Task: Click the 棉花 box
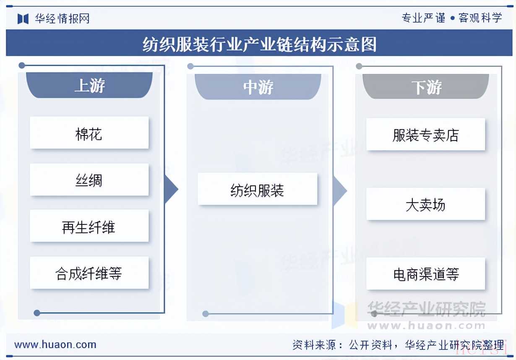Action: [89, 133]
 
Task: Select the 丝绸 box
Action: [89, 180]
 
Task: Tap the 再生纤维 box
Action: [89, 226]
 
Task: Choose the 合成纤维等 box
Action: [89, 273]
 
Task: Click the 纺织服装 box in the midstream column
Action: [257, 189]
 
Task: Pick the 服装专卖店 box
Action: [426, 134]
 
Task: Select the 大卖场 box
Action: [426, 204]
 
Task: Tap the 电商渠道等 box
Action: [426, 274]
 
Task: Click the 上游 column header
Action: [89, 85]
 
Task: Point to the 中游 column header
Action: [258, 86]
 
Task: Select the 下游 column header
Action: [426, 86]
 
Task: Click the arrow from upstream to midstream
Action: [172, 189]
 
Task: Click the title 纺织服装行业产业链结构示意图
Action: [259, 44]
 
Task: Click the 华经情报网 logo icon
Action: [23, 18]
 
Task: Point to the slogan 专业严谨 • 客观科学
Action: [451, 18]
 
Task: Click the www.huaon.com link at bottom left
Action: [55, 344]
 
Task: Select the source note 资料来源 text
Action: [398, 345]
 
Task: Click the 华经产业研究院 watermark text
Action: [426, 309]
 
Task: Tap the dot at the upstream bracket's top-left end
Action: [22, 65]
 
